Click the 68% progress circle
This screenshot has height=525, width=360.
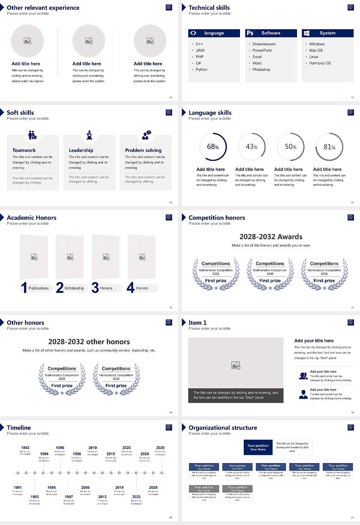213,147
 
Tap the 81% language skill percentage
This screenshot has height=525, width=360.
329,147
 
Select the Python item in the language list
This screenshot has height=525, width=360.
201,70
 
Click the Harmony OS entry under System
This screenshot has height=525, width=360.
320,63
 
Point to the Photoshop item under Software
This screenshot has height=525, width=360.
261,70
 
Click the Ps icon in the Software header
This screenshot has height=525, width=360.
250,33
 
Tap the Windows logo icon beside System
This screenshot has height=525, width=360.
306,33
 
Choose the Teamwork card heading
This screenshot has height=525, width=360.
24,150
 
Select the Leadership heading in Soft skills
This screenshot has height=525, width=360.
81,150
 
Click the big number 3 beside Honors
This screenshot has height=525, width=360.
95,288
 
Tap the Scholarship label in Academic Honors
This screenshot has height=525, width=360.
74,288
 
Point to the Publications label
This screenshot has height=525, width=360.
39,288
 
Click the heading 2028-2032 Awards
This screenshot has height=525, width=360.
271,237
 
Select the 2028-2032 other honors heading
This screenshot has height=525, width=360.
89,342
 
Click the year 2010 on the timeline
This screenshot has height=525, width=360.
93,448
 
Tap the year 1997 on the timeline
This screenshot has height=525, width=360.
69,497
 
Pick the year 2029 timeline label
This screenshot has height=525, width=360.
160,448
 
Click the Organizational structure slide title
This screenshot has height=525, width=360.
223,428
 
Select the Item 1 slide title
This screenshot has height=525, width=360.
197,323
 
